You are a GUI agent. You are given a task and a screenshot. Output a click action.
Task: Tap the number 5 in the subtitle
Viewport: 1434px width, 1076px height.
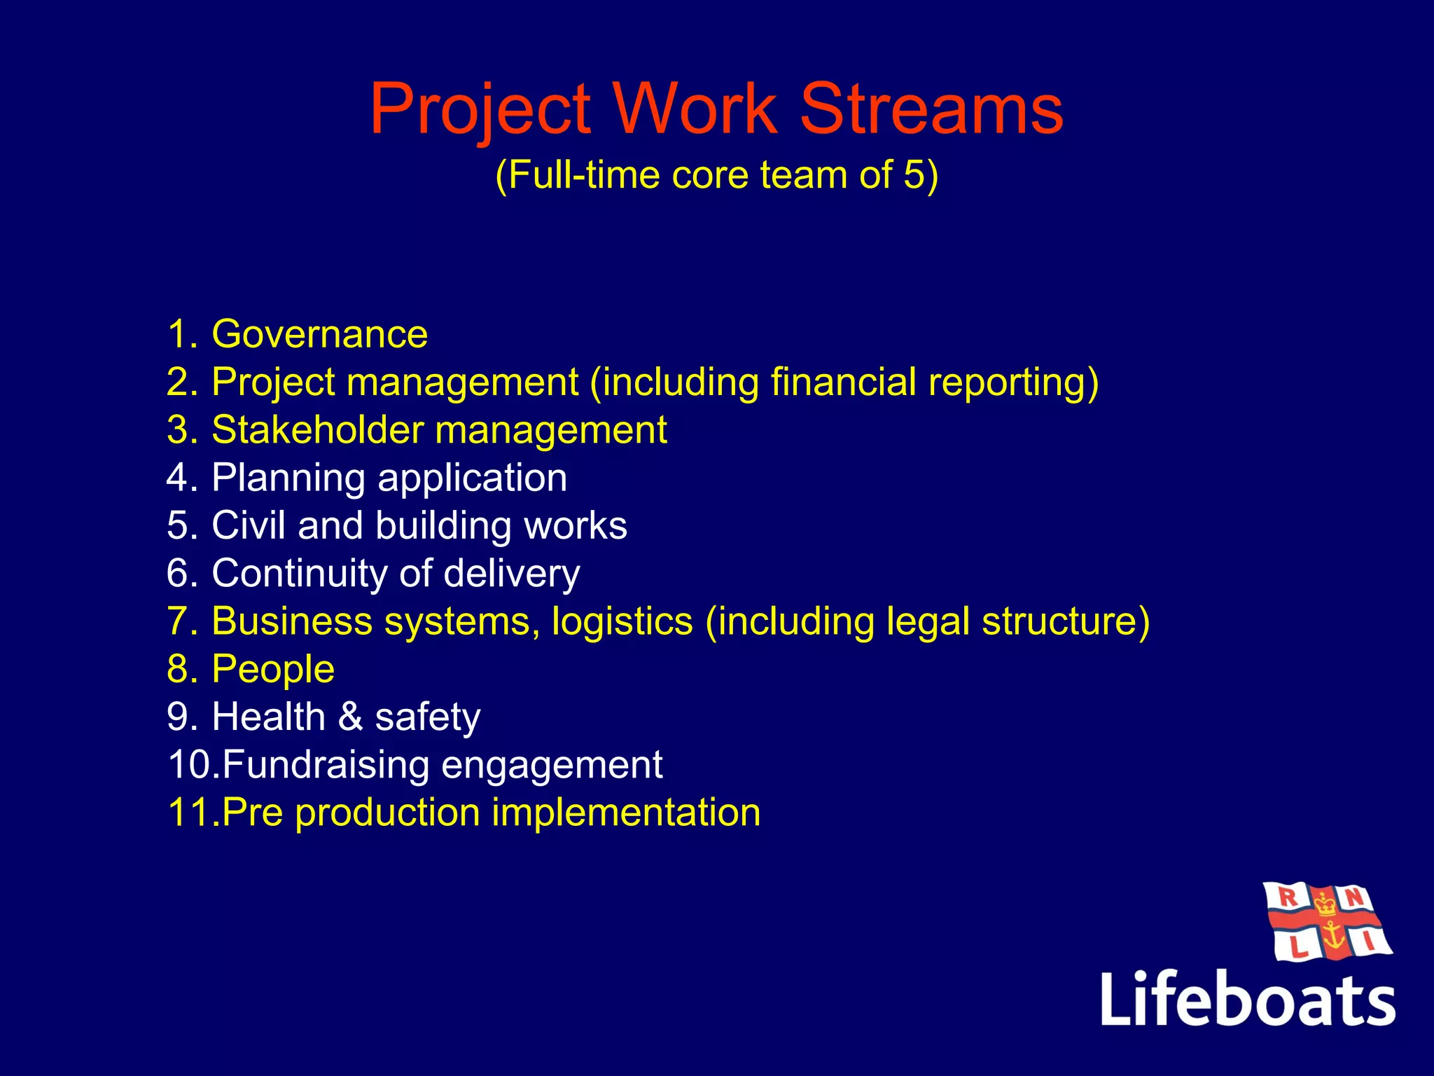[x=914, y=174]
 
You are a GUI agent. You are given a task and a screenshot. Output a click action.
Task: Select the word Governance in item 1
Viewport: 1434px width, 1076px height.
[x=319, y=334]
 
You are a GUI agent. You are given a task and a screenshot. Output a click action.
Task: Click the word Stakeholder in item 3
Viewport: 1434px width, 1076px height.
[x=316, y=430]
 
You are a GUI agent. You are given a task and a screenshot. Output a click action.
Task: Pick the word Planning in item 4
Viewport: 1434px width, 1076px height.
[x=288, y=478]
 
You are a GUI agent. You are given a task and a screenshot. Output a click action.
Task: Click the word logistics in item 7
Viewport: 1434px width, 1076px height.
[x=622, y=621]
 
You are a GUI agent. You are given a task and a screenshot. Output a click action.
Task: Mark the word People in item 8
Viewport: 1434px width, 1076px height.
[x=273, y=670]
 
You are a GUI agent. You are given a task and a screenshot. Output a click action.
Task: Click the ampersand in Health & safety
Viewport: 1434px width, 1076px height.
[x=350, y=717]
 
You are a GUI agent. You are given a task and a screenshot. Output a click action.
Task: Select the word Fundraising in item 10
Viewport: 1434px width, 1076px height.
[x=326, y=765]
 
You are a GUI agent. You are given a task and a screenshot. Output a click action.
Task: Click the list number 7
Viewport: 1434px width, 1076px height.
[x=176, y=621]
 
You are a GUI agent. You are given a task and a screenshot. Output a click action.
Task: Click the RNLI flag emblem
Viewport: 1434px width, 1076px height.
[x=1326, y=922]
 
